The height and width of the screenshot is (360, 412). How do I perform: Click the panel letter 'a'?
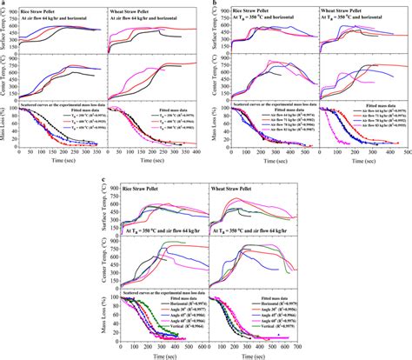[4, 4]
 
